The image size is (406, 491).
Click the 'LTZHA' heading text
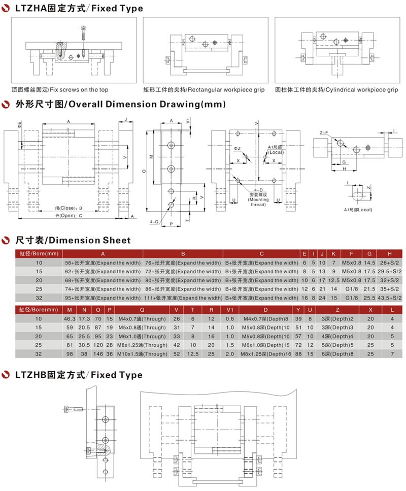31,8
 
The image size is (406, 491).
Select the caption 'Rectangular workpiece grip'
226,90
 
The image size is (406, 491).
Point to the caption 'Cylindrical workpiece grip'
361,90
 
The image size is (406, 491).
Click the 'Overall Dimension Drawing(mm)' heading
147,104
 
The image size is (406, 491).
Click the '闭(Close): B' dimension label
69,208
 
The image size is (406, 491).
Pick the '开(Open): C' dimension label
69,215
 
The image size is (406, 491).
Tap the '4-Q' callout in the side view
154,222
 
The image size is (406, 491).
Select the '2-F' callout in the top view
324,133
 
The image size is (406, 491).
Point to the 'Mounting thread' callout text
258,202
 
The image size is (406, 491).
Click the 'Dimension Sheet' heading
90,240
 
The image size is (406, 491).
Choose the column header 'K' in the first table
333,254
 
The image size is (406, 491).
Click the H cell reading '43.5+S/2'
389,298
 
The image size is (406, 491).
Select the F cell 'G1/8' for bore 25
351,289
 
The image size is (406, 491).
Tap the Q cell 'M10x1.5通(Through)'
142,354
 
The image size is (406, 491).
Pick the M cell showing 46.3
70,319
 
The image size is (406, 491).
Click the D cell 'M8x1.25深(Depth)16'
265,354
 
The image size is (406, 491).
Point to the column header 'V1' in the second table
230,310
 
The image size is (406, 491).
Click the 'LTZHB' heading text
30,375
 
